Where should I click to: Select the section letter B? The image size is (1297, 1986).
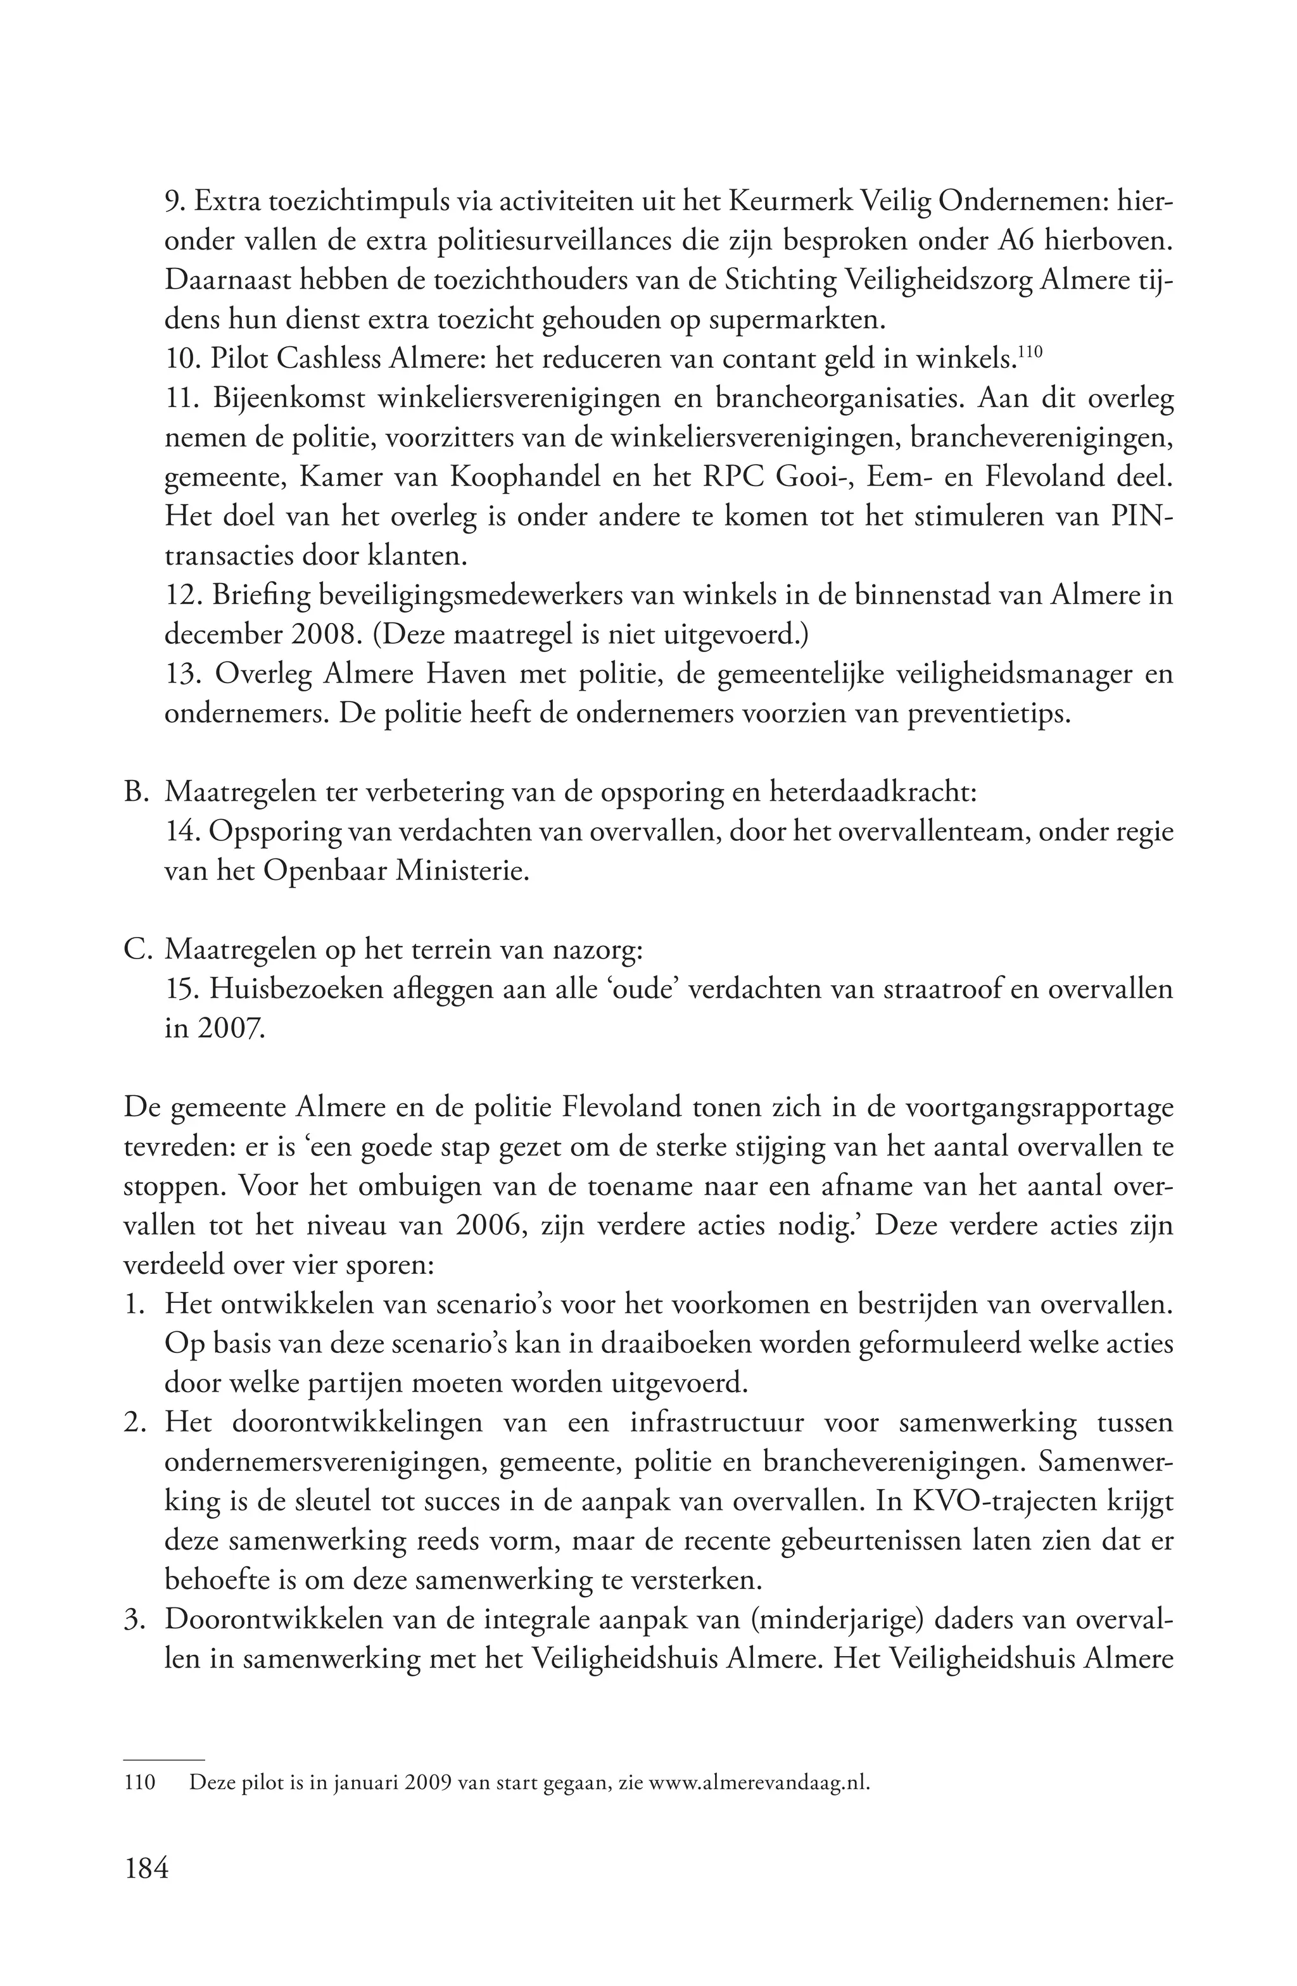click(134, 792)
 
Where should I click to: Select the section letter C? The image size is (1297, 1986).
click(134, 950)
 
